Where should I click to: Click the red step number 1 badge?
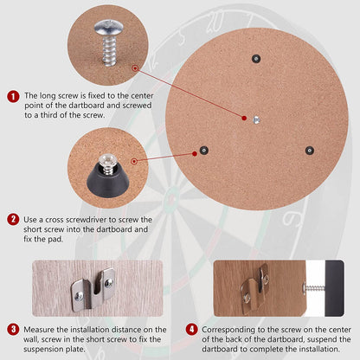pos(13,98)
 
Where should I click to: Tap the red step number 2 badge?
pos(13,220)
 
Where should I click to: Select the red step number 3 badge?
pos(13,329)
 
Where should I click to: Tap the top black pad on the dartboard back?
pos(255,58)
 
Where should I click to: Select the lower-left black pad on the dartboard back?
pos(203,150)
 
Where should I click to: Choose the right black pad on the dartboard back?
pos(308,150)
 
